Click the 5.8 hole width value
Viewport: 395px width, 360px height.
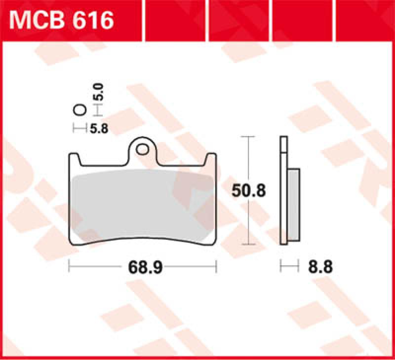pos(99,129)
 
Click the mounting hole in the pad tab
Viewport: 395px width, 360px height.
pos(144,147)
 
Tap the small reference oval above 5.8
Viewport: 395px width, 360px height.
pos(79,110)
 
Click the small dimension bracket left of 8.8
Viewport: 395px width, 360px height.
pos(290,267)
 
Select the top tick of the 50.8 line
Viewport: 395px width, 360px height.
pos(247,136)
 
